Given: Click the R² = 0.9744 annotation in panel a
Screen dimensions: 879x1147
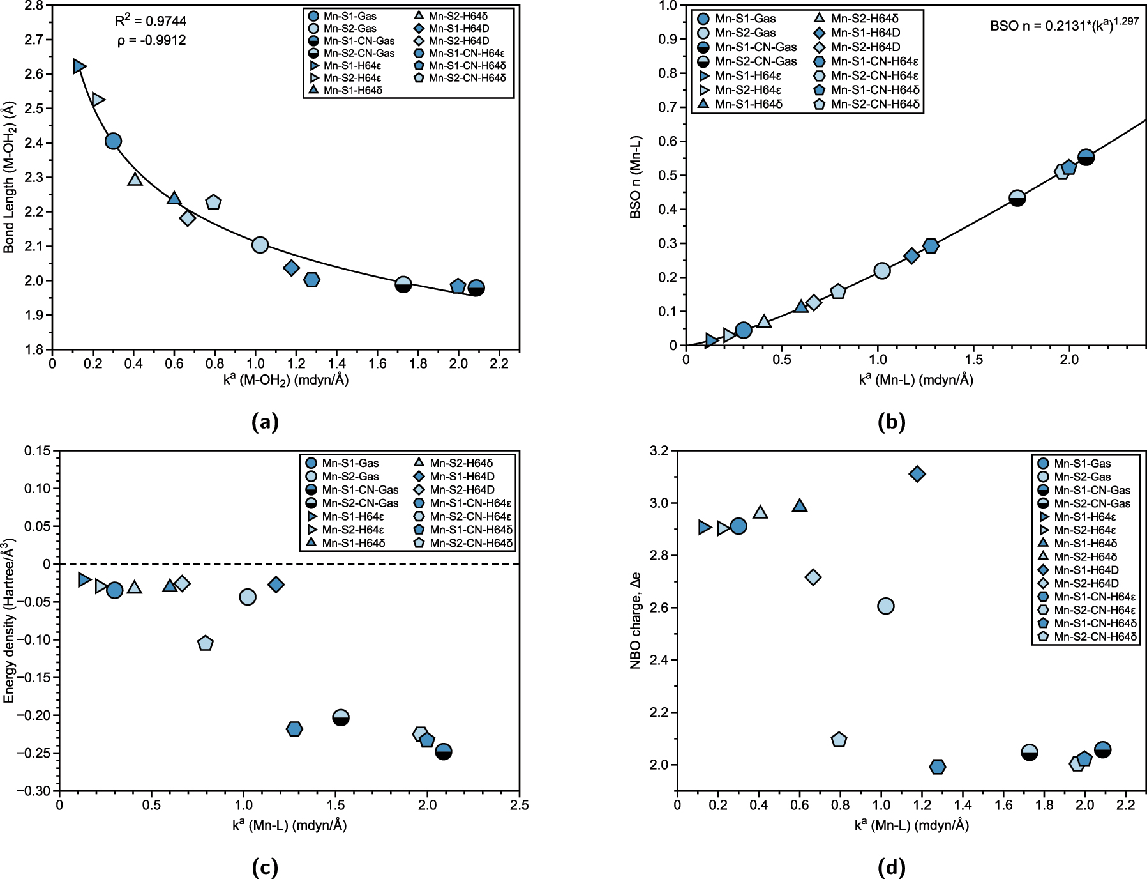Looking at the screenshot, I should click(x=151, y=21).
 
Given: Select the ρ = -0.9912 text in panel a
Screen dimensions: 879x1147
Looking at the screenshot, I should click(x=152, y=41).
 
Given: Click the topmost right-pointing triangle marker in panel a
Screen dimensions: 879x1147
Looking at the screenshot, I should click(x=79, y=66).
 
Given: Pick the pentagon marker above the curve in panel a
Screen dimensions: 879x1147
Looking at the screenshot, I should click(x=213, y=203).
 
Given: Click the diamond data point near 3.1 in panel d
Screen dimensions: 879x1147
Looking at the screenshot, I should click(x=917, y=474).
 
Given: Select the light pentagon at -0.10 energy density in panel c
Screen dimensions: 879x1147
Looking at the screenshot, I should click(x=205, y=643).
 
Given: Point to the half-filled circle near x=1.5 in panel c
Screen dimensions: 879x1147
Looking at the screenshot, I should click(x=341, y=718).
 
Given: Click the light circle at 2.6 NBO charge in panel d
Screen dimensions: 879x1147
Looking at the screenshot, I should click(x=885, y=606).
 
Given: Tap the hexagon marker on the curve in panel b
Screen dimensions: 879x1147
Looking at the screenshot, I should click(x=931, y=246).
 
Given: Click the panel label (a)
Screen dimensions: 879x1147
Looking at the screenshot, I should click(x=266, y=422).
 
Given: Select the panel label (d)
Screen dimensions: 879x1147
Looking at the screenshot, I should click(x=892, y=867).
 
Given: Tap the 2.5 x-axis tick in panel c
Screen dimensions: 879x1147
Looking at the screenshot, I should click(x=519, y=806).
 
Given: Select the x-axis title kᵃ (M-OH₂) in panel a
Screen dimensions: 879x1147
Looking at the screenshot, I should click(x=285, y=380).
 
